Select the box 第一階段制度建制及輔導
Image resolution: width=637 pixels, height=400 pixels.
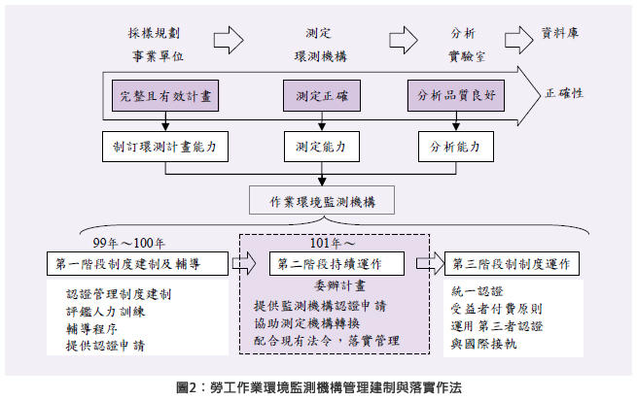tap(137, 263)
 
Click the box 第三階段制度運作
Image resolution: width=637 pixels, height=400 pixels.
tap(511, 263)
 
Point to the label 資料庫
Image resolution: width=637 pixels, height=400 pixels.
tap(562, 33)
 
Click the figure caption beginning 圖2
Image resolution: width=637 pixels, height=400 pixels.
tap(319, 386)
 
